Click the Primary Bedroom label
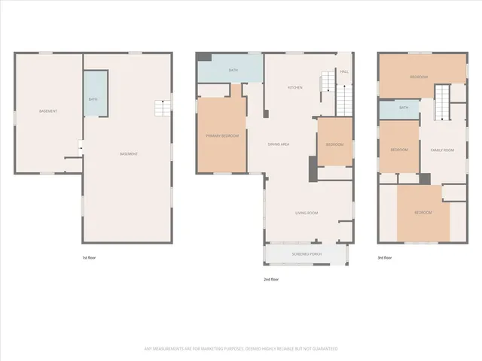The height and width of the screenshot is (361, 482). click(x=222, y=136)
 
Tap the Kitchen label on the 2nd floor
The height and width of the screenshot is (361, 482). click(x=295, y=88)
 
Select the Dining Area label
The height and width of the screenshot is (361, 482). click(x=279, y=144)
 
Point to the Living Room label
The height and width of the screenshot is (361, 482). click(x=306, y=214)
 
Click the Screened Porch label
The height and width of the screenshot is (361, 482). click(x=307, y=254)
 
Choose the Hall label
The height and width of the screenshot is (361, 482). click(x=344, y=71)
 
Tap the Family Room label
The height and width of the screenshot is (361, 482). click(x=442, y=150)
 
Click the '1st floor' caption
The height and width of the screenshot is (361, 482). click(x=89, y=258)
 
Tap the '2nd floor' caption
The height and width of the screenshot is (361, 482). click(x=271, y=280)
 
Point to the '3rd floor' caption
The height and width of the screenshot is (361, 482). click(x=384, y=258)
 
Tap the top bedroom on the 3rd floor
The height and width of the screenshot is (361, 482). click(x=419, y=77)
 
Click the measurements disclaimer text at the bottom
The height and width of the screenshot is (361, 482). click(x=241, y=348)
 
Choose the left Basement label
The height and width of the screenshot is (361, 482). click(x=48, y=111)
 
